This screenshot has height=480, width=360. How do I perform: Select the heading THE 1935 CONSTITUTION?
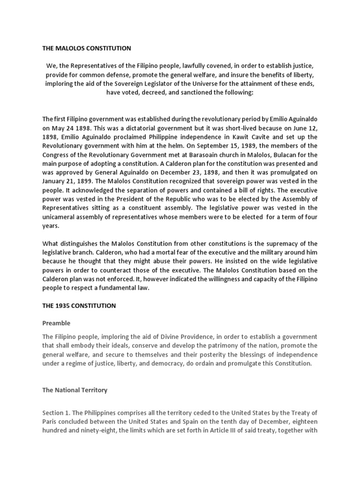coord(79,306)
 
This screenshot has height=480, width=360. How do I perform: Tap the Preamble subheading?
coord(57,323)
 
